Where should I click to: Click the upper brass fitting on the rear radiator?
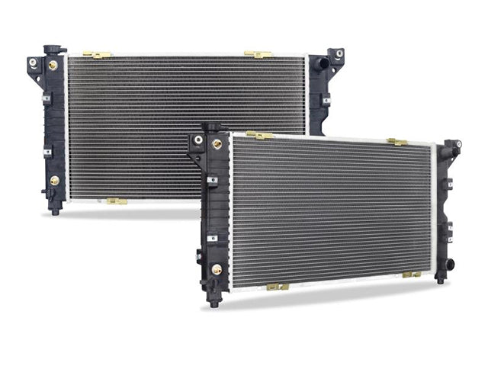(x=53, y=65)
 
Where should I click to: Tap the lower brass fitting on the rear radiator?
(x=54, y=181)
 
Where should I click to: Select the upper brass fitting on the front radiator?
(x=217, y=143)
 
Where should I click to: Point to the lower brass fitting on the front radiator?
(x=217, y=269)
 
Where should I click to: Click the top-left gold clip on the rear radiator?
(x=97, y=55)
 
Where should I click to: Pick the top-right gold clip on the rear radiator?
(x=258, y=54)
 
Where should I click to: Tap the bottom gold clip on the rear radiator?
(x=117, y=201)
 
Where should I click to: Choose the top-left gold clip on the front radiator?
(x=260, y=136)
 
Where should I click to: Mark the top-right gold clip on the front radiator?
(x=396, y=142)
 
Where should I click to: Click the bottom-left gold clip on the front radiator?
(x=278, y=287)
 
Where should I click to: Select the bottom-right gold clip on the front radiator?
(x=411, y=274)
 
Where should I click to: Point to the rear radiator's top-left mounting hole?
(x=33, y=62)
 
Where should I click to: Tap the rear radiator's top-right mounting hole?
(x=339, y=55)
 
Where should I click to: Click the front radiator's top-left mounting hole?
(x=198, y=140)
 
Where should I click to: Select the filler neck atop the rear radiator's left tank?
(x=54, y=50)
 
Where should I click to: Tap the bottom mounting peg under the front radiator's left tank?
(x=214, y=302)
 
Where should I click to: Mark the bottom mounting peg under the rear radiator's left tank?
(x=55, y=210)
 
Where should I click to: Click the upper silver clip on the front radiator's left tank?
(x=213, y=181)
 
